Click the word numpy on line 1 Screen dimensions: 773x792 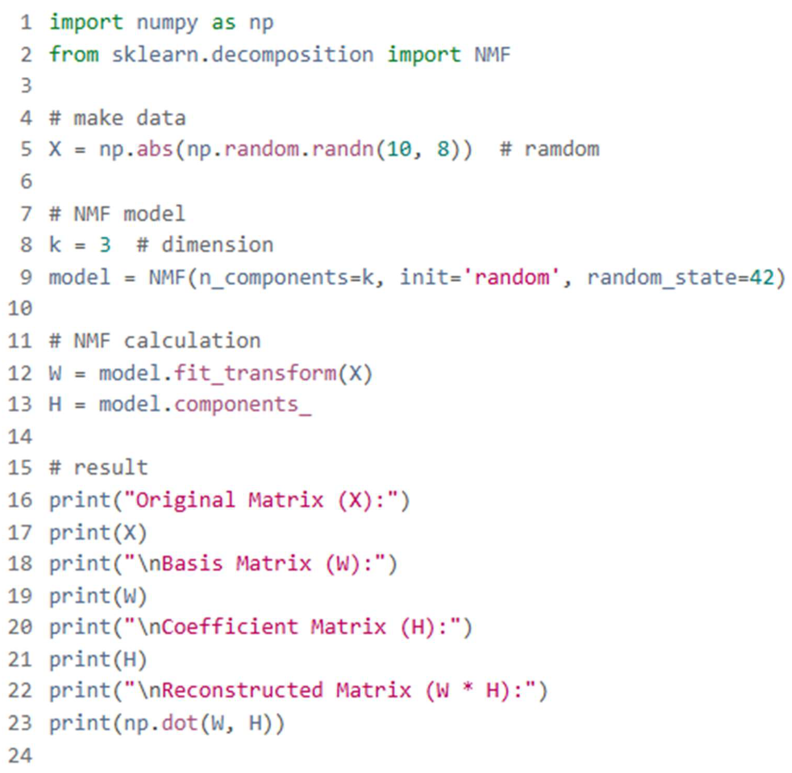[167, 23]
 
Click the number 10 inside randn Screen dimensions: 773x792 [399, 149]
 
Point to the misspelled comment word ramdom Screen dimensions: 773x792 [562, 149]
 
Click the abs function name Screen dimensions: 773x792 [155, 149]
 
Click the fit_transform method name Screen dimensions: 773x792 [255, 373]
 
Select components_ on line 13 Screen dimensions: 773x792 [242, 405]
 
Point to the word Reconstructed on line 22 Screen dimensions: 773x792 [242, 691]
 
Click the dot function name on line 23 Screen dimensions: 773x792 [179, 723]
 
